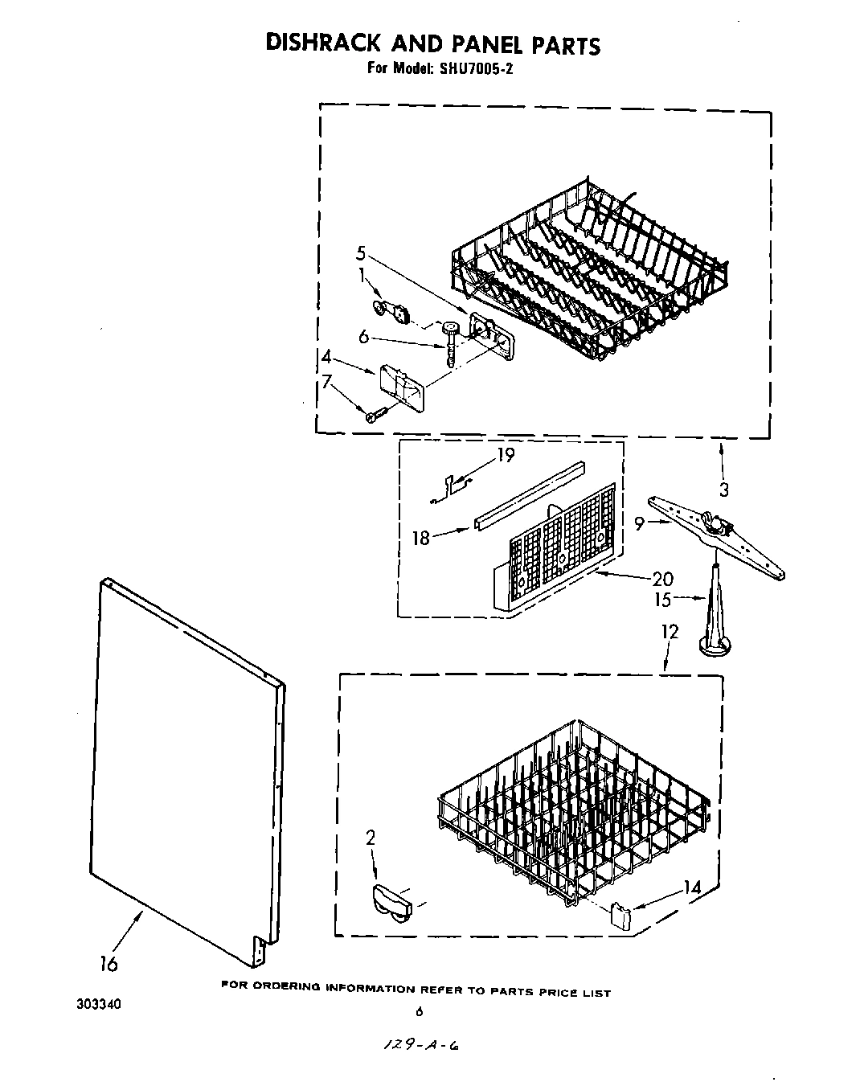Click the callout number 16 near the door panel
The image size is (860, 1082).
(109, 963)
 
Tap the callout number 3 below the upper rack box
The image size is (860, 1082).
(723, 489)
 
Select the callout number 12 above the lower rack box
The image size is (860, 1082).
(670, 631)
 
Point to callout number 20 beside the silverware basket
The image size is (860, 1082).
(663, 579)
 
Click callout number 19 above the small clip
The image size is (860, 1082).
(506, 455)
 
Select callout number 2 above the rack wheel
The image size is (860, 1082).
(371, 838)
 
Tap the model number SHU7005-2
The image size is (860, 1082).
(475, 68)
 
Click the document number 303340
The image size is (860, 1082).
(99, 1004)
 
